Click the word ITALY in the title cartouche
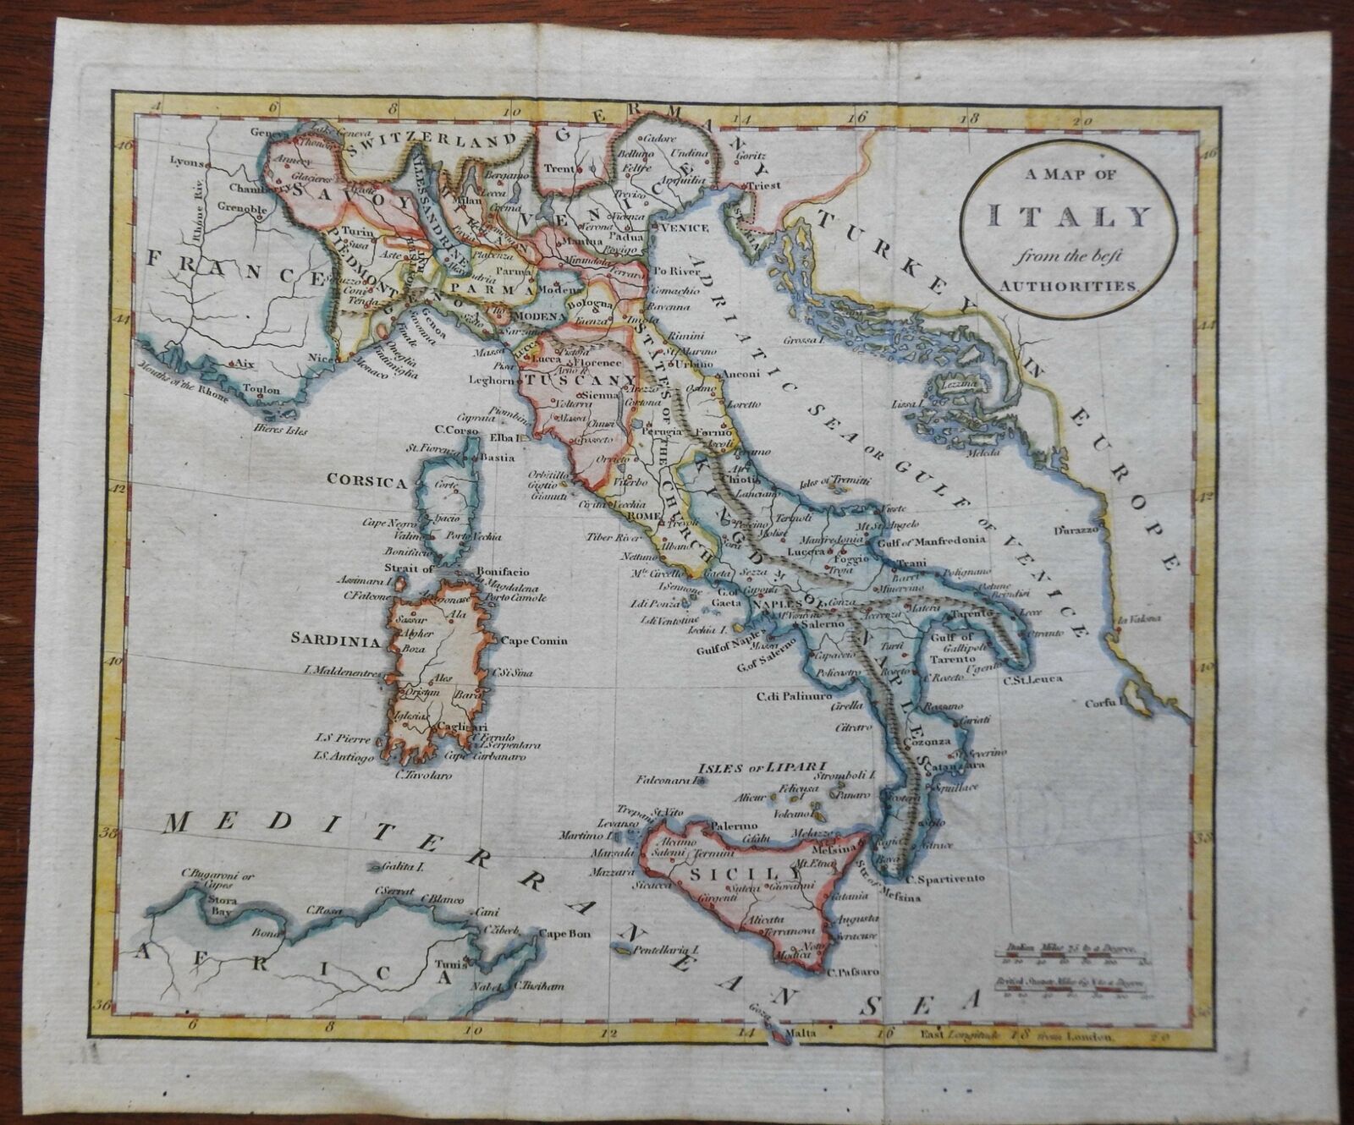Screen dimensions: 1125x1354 coord(1071,218)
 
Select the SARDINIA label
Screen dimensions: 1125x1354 coord(336,641)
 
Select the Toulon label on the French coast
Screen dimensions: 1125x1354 coord(262,392)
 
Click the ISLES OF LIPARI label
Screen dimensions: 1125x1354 coord(742,767)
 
